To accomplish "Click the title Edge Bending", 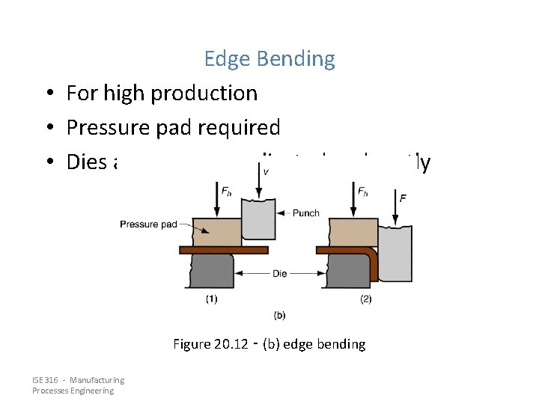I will (269, 58).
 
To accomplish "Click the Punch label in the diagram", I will (305, 213).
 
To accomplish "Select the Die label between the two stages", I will (280, 274).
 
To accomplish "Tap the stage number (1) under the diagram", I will (212, 299).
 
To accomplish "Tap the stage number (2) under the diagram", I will (366, 299).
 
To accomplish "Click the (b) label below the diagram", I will (279, 315).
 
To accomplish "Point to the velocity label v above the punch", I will (266, 171).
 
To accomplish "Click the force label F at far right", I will (404, 198).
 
